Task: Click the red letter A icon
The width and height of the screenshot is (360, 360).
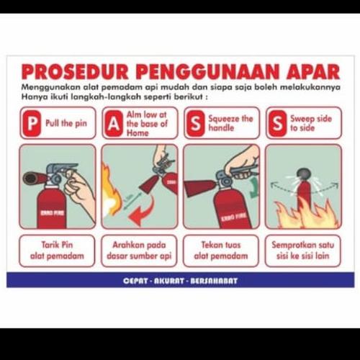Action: (x=112, y=122)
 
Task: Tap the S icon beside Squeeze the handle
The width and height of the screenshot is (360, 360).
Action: (x=194, y=122)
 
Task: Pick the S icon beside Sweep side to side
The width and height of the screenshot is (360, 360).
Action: (x=276, y=122)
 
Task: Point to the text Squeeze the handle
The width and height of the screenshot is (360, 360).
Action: (x=230, y=122)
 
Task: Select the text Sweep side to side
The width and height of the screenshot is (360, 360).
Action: (x=312, y=122)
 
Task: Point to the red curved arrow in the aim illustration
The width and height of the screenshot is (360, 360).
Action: (x=148, y=212)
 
